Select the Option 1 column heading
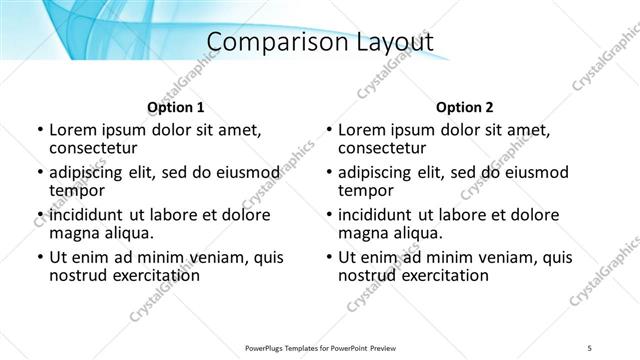(x=176, y=107)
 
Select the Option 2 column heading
(x=465, y=107)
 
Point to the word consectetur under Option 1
(x=95, y=149)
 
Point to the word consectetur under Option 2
(x=384, y=149)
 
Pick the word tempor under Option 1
(x=77, y=190)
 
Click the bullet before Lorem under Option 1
(x=38, y=130)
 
